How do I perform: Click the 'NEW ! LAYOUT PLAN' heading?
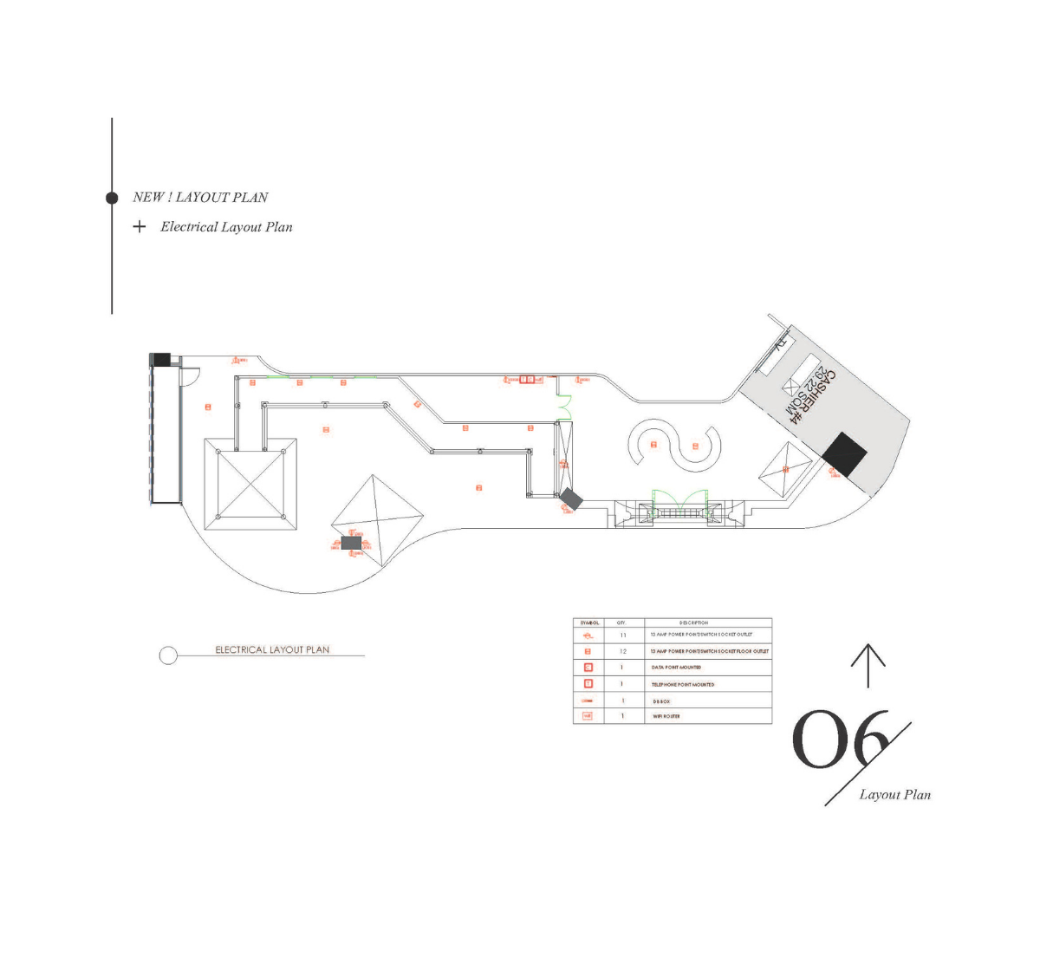click(200, 198)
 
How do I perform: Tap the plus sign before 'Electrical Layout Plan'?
click(140, 227)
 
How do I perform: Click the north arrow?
click(868, 666)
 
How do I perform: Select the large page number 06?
click(841, 740)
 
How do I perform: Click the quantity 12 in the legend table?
click(622, 651)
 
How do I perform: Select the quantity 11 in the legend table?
click(622, 635)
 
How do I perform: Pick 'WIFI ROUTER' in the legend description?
click(666, 717)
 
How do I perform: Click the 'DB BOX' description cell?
click(661, 701)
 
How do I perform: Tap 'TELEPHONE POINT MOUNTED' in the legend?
click(683, 685)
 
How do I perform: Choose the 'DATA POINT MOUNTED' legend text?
click(676, 668)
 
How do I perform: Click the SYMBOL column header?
click(589, 622)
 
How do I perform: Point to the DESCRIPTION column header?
click(693, 622)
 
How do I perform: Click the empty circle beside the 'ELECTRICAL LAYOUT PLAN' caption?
click(168, 655)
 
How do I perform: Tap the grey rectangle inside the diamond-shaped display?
click(351, 543)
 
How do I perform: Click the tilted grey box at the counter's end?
click(571, 499)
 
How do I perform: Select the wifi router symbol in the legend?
click(588, 716)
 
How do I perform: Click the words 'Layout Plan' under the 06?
click(895, 794)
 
